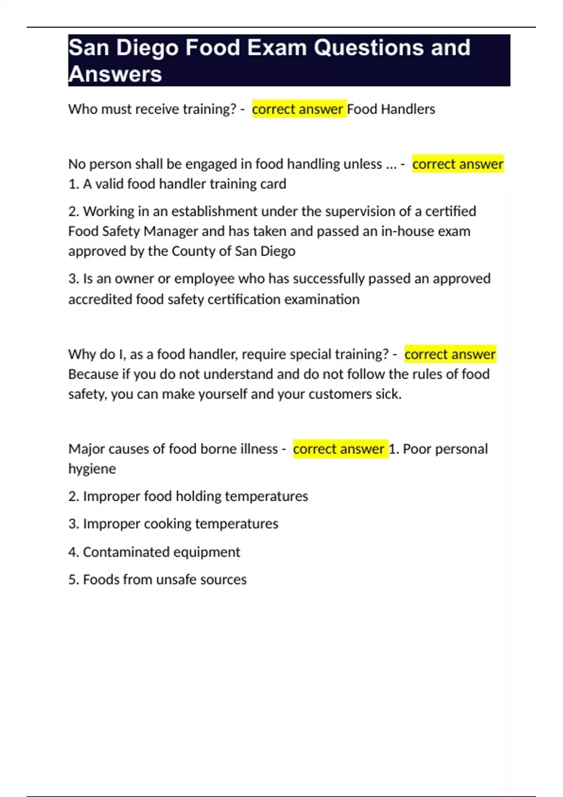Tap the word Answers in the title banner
coord(115,74)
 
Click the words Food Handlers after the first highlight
coord(391,109)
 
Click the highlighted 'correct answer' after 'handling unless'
coord(457,164)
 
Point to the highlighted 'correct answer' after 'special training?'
coord(449,354)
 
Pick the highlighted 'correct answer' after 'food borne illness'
coord(339,449)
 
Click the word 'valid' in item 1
coord(109,184)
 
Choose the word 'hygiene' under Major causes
coord(92,469)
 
